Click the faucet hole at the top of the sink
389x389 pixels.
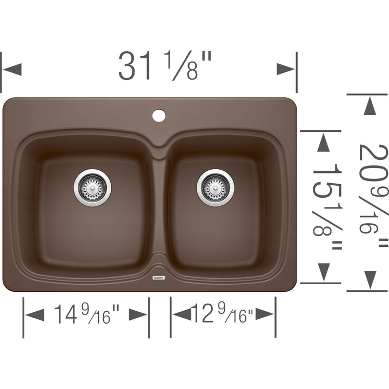click(x=159, y=116)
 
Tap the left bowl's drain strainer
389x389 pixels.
click(x=92, y=188)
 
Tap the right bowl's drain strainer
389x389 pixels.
click(x=216, y=188)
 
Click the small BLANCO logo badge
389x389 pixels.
click(x=158, y=278)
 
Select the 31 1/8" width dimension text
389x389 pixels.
click(x=165, y=66)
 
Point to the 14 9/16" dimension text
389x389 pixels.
click(x=87, y=314)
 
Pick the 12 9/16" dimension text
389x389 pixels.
click(x=222, y=313)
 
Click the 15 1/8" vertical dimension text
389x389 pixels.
click(x=327, y=206)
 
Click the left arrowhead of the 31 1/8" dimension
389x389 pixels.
click(x=12, y=69)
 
